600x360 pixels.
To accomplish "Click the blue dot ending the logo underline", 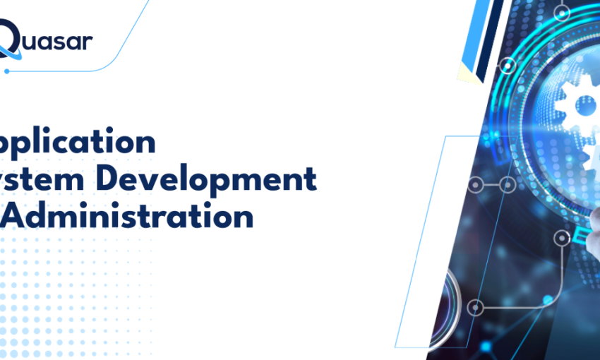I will (x=7, y=71).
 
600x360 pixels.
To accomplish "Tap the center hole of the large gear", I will (x=584, y=106).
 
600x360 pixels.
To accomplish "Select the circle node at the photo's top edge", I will (x=563, y=12).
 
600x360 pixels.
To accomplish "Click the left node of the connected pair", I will (x=477, y=186).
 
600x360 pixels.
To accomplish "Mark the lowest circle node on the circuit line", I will (x=476, y=308).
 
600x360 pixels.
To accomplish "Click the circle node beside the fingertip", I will (x=562, y=237).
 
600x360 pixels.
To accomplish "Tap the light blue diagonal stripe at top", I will (x=471, y=32).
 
